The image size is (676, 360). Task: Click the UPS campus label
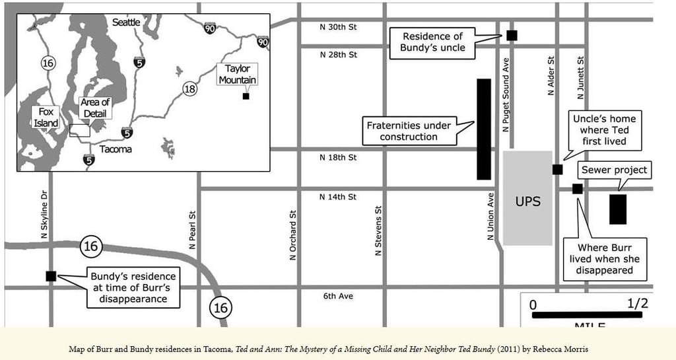[527, 201]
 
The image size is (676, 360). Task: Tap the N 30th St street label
[338, 27]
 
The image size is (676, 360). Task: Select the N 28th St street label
[338, 54]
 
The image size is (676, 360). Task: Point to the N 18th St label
[338, 157]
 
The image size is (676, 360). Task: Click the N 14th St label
[338, 197]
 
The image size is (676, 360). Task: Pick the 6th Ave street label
[338, 296]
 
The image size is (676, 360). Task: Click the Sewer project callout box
[615, 170]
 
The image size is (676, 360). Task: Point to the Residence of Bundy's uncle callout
[433, 42]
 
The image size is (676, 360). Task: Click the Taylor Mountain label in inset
[237, 74]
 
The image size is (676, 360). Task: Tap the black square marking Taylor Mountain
[246, 96]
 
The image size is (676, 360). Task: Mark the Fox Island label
[46, 118]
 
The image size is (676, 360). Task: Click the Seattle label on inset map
[126, 22]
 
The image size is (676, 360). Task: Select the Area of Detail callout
[95, 108]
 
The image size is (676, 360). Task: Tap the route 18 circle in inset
[189, 89]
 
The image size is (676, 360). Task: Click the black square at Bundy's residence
[51, 276]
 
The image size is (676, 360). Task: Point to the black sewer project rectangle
[618, 209]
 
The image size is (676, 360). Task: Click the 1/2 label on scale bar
[637, 304]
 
